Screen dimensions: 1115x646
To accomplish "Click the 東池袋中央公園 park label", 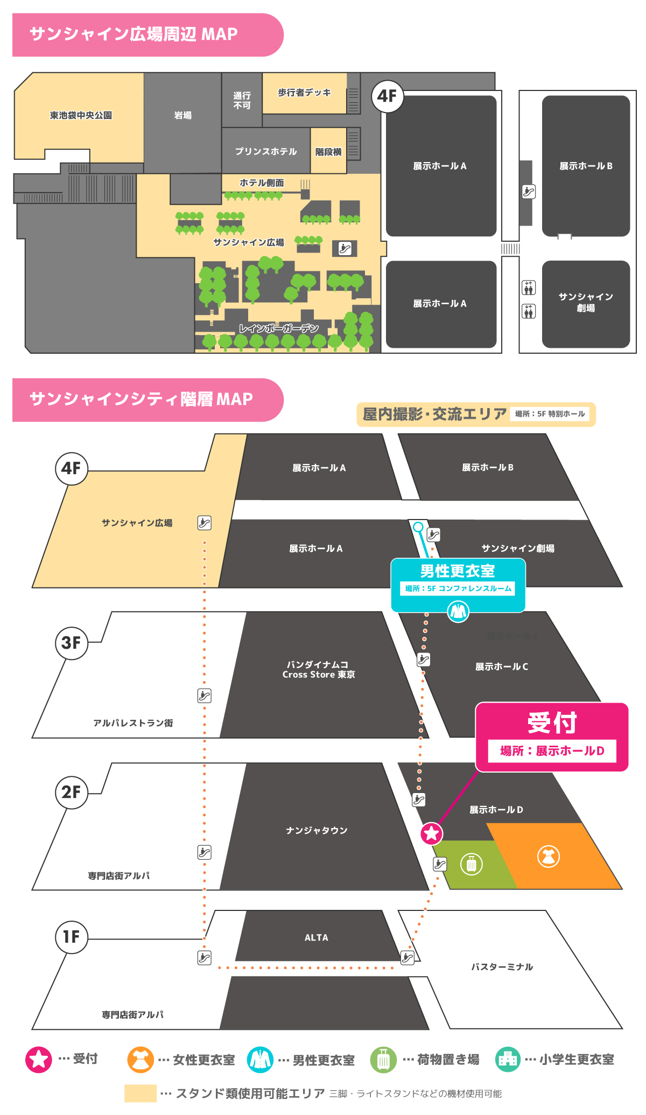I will pyautogui.click(x=81, y=115).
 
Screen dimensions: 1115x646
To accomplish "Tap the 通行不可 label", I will pyautogui.click(x=242, y=100).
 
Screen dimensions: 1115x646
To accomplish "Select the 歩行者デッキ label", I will pyautogui.click(x=304, y=93).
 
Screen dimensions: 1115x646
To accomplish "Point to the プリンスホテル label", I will pyautogui.click(x=266, y=151).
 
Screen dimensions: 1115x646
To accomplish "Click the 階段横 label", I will pyautogui.click(x=328, y=152).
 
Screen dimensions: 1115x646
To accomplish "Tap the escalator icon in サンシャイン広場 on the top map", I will pyautogui.click(x=345, y=248).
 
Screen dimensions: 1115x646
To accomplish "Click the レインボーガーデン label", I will pyautogui.click(x=279, y=328).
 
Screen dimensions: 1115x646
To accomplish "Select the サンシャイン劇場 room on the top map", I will pyautogui.click(x=586, y=303).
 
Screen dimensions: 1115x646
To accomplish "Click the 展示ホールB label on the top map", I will pyautogui.click(x=586, y=166).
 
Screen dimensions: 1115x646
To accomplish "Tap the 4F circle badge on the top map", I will pyautogui.click(x=387, y=96).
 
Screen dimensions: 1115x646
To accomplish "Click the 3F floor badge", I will pyautogui.click(x=72, y=642).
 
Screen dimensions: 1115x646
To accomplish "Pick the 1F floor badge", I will pyautogui.click(x=72, y=937).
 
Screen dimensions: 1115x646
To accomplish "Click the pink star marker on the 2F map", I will pyautogui.click(x=431, y=833).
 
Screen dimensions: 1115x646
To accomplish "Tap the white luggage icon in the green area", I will pyautogui.click(x=472, y=864).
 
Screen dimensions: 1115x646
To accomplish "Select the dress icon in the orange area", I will pyautogui.click(x=549, y=855).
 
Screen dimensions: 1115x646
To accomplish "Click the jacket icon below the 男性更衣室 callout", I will pyautogui.click(x=458, y=611).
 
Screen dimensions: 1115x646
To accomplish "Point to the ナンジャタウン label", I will pyautogui.click(x=317, y=830).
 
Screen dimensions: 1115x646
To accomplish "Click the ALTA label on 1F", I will pyautogui.click(x=317, y=937).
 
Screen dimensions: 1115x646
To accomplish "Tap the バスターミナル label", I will pyautogui.click(x=502, y=966).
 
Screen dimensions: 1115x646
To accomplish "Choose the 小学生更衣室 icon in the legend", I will pyautogui.click(x=508, y=1060).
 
